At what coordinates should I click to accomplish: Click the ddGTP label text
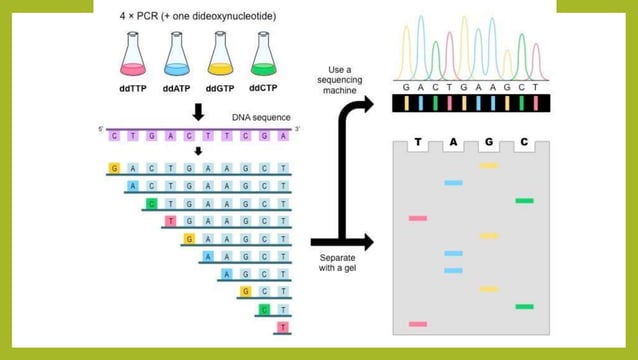(220, 89)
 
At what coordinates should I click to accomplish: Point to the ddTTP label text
(133, 89)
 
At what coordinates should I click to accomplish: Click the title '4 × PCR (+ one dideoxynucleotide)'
(198, 17)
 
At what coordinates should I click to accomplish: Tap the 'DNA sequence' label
(262, 117)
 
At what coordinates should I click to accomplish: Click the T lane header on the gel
(418, 143)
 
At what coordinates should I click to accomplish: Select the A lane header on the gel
(453, 143)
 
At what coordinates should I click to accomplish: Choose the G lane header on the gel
(489, 143)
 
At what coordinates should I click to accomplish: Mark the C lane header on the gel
(524, 143)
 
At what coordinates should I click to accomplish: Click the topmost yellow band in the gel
(489, 165)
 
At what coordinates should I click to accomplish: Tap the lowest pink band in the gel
(418, 324)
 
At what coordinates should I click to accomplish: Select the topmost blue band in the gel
(454, 183)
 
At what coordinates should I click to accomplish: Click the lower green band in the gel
(524, 306)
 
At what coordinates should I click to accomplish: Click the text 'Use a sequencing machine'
(342, 81)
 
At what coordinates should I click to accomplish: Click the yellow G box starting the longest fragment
(115, 167)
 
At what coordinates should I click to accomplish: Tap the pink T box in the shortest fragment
(284, 327)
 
